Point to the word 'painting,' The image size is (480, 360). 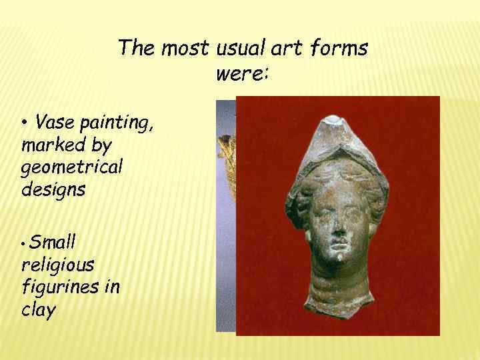pos(119,123)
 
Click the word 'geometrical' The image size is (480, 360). pos(72,167)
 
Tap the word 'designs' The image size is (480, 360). pos(53,189)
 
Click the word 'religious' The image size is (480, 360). pos(57,265)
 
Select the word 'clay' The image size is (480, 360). pos(37,311)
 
